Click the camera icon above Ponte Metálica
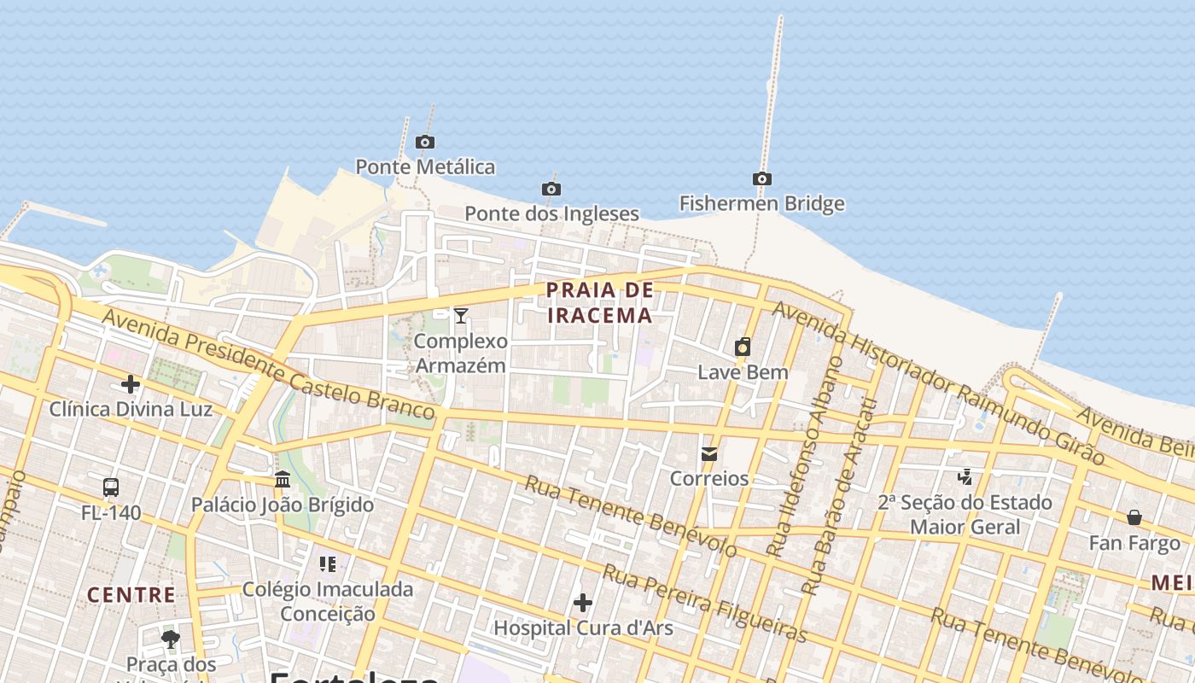(424, 142)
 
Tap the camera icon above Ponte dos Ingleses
(551, 189)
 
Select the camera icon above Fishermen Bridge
(762, 178)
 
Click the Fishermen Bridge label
(761, 203)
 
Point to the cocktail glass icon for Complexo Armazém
(461, 316)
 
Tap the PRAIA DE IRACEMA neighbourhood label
(599, 302)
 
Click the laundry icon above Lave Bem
(743, 347)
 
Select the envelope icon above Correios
(709, 453)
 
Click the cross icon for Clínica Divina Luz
(131, 384)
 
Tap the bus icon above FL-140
(111, 487)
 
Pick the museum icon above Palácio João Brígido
(283, 479)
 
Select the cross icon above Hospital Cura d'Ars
(583, 603)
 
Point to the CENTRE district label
(131, 594)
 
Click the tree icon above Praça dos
(171, 638)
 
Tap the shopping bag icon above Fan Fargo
(1134, 517)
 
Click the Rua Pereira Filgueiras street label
(704, 602)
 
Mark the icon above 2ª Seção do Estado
(965, 476)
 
